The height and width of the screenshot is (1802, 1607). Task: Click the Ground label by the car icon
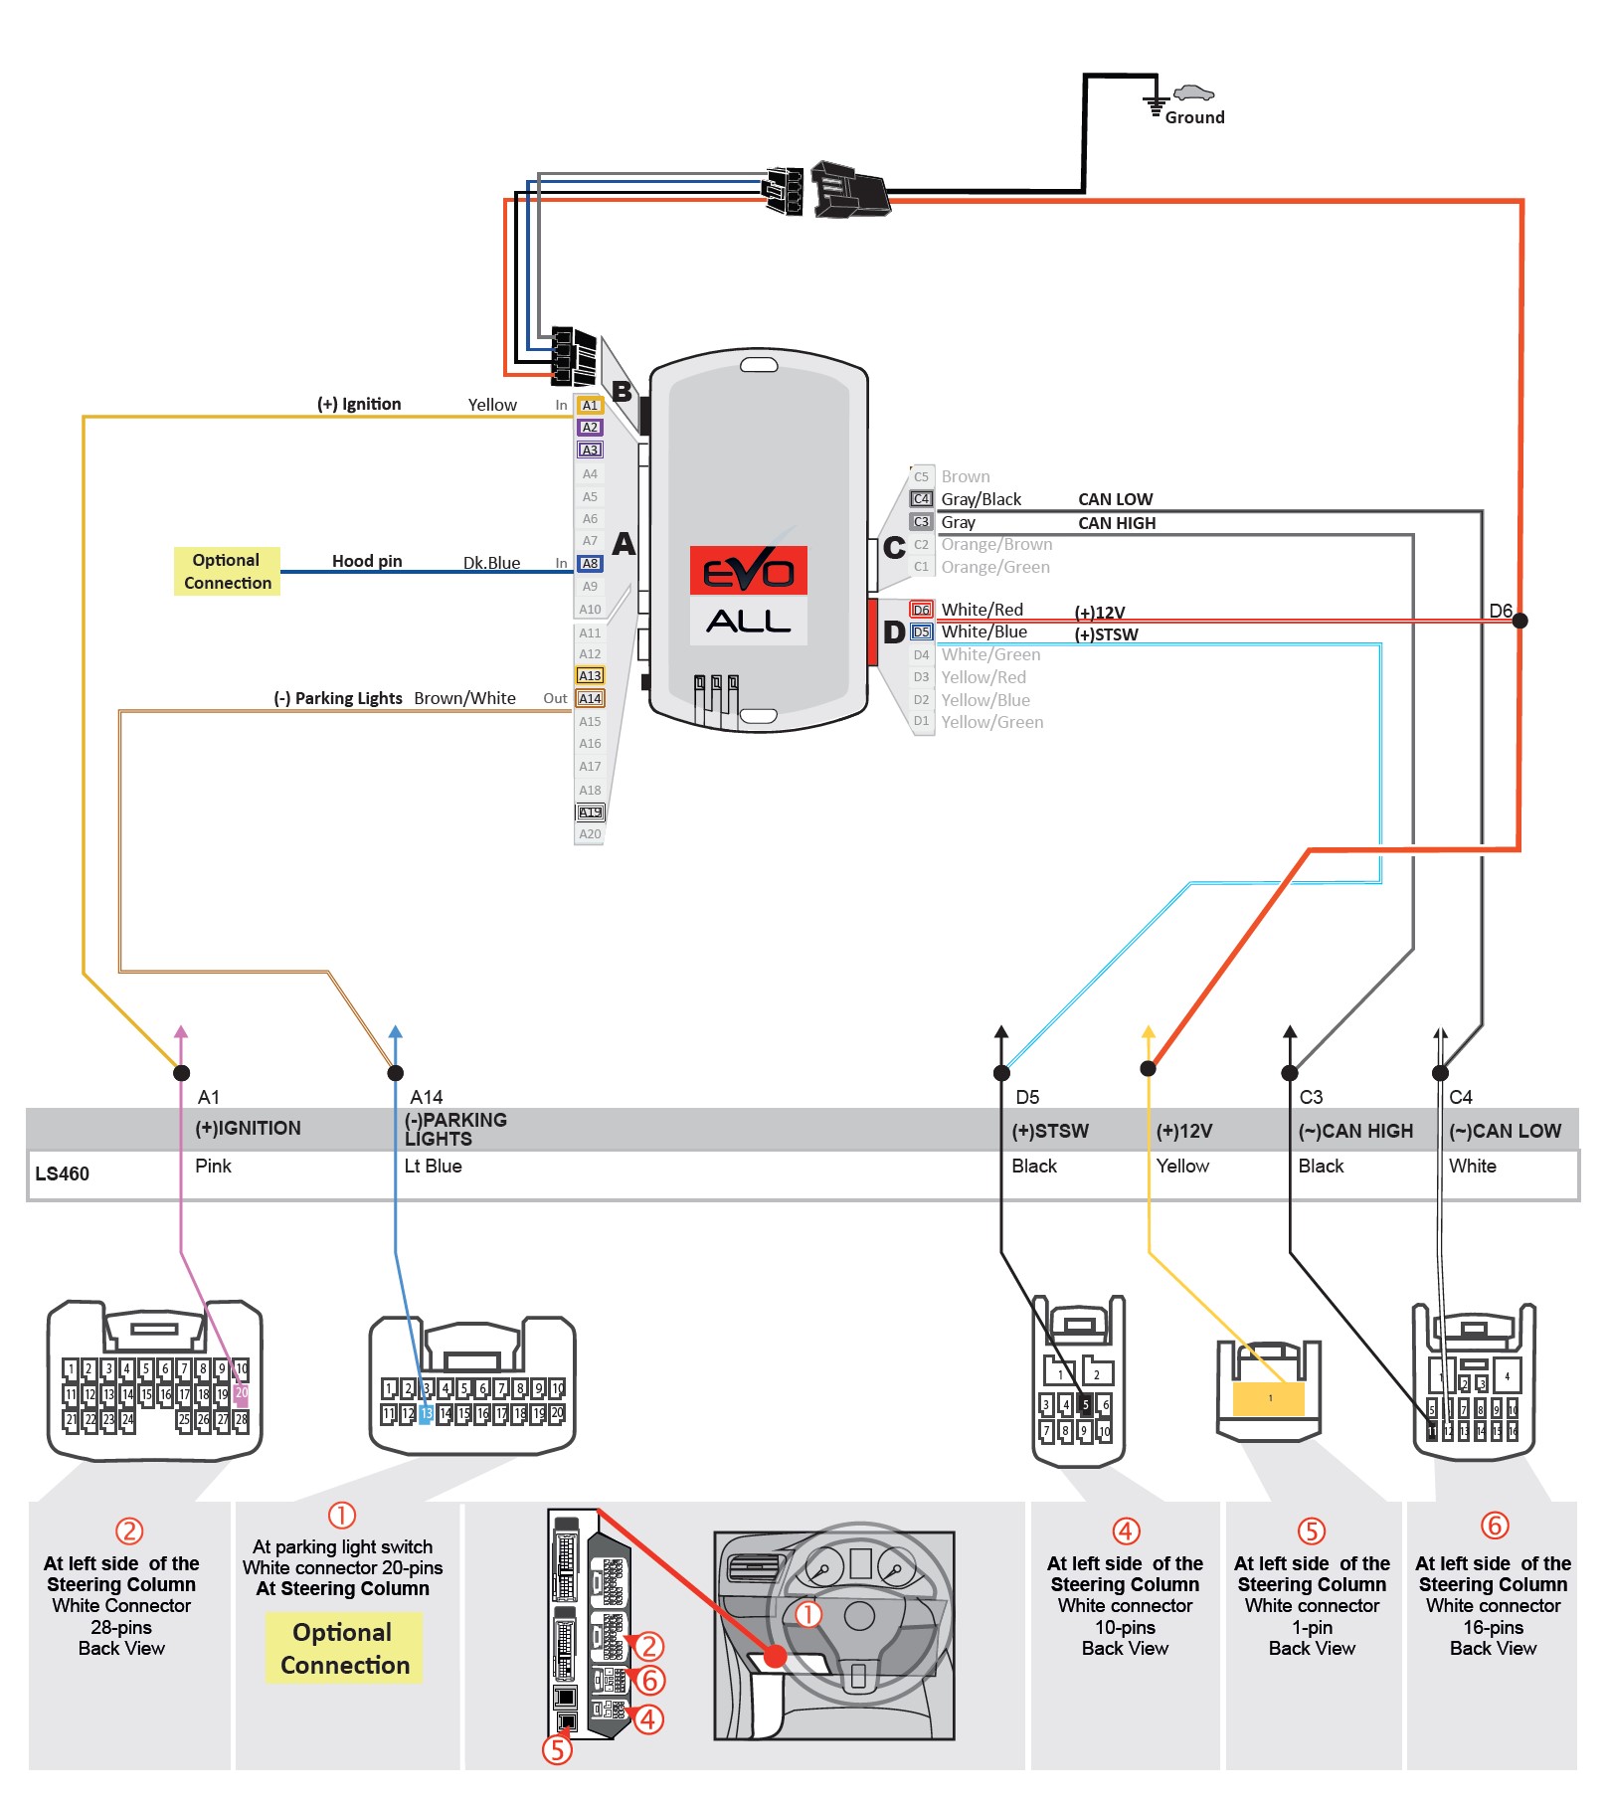click(x=1194, y=117)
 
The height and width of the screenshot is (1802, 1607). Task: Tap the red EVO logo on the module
click(x=749, y=571)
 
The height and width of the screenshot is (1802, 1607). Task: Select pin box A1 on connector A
click(x=590, y=406)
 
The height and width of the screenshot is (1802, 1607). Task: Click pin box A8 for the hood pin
click(x=590, y=564)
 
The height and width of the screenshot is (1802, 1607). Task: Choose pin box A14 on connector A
click(x=590, y=699)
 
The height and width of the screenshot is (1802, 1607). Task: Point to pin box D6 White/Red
click(x=921, y=610)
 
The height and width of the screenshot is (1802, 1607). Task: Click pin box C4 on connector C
click(x=921, y=499)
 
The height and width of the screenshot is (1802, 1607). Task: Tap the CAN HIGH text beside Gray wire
click(x=1117, y=523)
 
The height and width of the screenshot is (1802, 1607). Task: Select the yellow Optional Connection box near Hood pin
click(x=227, y=572)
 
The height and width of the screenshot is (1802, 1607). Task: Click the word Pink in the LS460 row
click(x=213, y=1166)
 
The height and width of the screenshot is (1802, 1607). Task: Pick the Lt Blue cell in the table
click(x=433, y=1166)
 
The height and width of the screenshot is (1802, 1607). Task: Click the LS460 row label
click(x=62, y=1173)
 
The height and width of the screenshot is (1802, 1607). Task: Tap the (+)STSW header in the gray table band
click(x=1050, y=1131)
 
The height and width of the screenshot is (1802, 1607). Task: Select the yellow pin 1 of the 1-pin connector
click(x=1269, y=1398)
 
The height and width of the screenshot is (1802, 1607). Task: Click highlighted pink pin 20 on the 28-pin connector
click(x=241, y=1393)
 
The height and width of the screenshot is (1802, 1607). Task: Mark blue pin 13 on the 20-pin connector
click(x=426, y=1413)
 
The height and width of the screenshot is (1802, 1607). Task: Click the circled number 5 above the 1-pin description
click(x=1312, y=1531)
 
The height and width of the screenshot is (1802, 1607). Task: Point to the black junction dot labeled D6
click(x=1519, y=621)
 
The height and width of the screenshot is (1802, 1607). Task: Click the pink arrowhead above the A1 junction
click(x=181, y=1032)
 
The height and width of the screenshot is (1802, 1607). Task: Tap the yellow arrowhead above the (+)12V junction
click(x=1149, y=1032)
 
